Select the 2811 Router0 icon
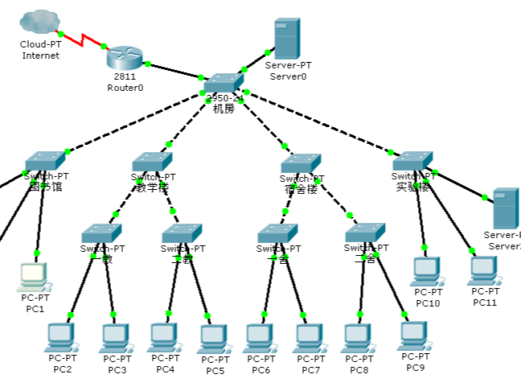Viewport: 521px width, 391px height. (x=125, y=57)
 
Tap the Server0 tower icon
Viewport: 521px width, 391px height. (x=287, y=38)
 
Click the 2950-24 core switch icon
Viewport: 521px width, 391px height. (x=224, y=83)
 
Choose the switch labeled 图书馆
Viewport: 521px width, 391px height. (x=44, y=162)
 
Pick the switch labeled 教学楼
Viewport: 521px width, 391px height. (x=152, y=162)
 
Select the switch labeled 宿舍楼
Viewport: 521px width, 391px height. (x=301, y=163)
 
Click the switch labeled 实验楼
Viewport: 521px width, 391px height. (x=413, y=161)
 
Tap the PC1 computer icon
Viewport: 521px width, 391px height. (x=34, y=277)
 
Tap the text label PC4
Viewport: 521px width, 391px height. (x=165, y=369)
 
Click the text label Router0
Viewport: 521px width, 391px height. (x=125, y=88)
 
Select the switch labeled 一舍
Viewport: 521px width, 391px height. (x=277, y=234)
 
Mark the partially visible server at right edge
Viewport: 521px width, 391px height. (x=506, y=208)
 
